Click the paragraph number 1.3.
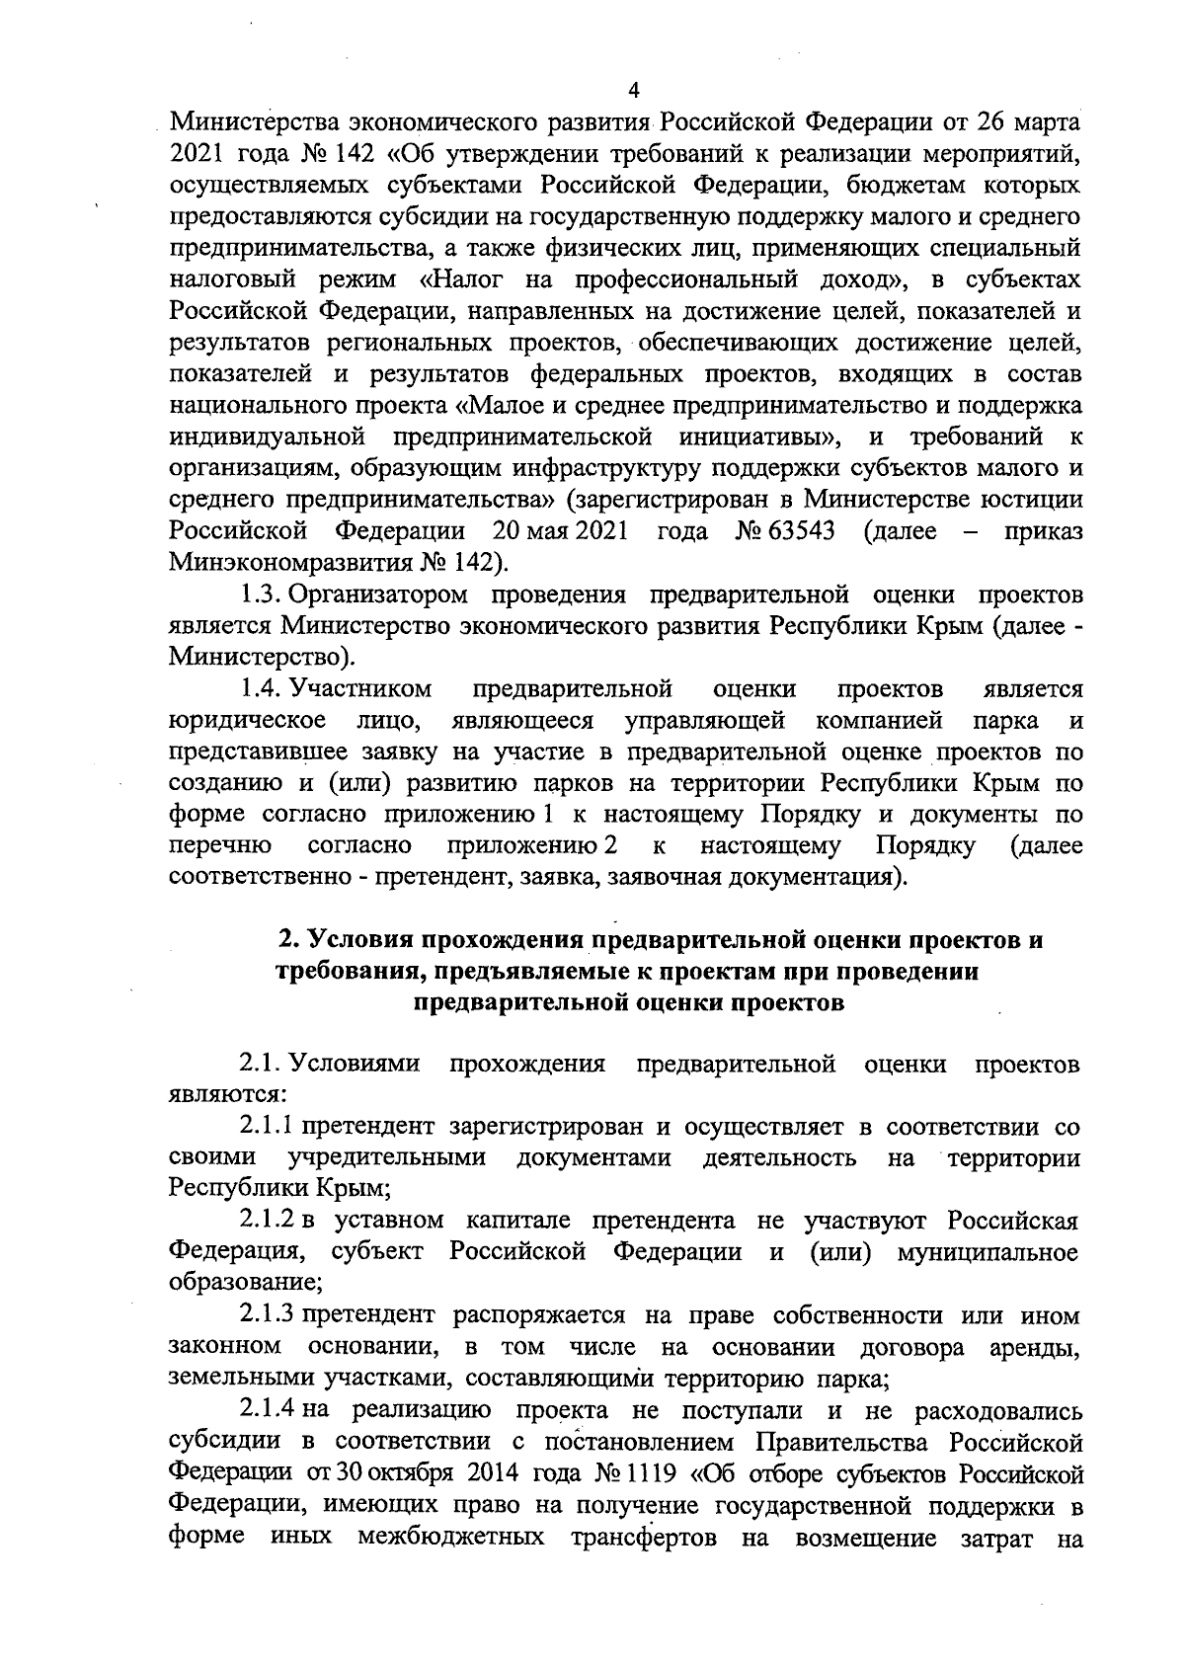(x=262, y=594)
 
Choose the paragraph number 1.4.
(x=262, y=687)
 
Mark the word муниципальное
(x=987, y=1252)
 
